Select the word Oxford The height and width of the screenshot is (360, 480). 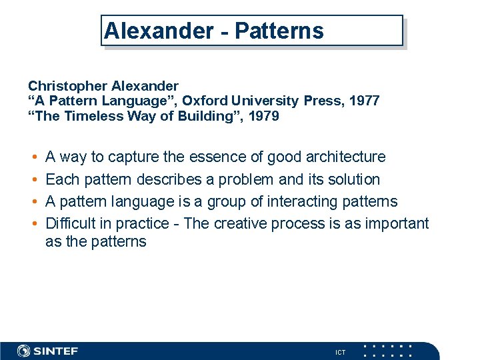(205, 101)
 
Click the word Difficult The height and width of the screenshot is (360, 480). (70, 224)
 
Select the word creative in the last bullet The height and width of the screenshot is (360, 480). (241, 224)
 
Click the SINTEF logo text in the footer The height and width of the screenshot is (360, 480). (56, 351)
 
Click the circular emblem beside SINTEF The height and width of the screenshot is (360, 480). (24, 351)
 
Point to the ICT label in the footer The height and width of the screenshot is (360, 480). (340, 352)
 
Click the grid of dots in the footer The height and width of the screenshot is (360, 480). (388, 351)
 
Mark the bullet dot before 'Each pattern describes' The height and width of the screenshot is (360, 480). (33, 180)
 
